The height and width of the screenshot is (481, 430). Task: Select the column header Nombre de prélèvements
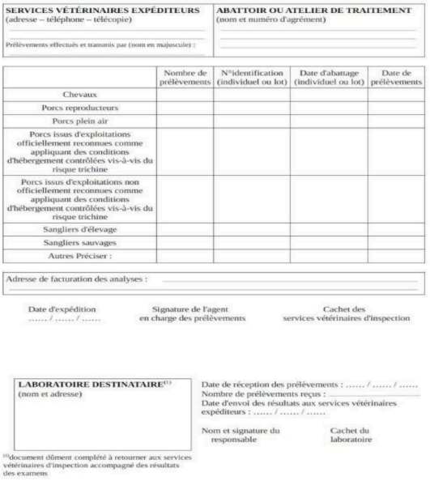click(x=183, y=77)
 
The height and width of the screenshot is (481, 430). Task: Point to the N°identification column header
click(x=249, y=77)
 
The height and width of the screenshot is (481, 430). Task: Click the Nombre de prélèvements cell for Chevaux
click(x=183, y=94)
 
